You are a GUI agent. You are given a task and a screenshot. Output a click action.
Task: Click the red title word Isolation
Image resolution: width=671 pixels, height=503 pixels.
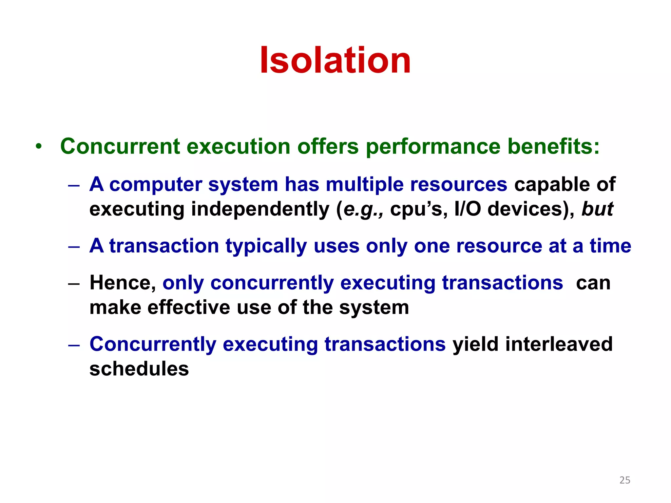pos(335,61)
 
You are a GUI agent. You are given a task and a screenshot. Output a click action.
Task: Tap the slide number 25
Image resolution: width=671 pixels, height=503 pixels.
pos(624,480)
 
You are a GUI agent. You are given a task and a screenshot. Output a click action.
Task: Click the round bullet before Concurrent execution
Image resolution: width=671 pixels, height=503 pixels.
pos(39,146)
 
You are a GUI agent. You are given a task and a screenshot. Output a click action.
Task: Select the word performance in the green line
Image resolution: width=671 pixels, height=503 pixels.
pos(432,146)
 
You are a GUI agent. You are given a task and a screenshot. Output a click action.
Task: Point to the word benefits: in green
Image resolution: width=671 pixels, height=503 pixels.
pos(553,146)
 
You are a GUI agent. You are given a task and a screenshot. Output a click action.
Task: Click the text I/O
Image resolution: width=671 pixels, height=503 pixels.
pos(468,209)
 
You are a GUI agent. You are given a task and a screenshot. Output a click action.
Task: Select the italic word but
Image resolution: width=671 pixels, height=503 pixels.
pos(597,209)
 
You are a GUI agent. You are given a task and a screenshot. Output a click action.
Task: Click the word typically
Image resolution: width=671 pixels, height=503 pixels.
pos(266,246)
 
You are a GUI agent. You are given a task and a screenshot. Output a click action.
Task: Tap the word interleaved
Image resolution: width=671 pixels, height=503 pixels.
pos(559,344)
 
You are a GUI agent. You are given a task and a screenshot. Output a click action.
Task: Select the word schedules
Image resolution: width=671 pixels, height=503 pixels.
pos(139,369)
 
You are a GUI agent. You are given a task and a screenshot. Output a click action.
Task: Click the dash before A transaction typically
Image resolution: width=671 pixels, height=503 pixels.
pos(74,247)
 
